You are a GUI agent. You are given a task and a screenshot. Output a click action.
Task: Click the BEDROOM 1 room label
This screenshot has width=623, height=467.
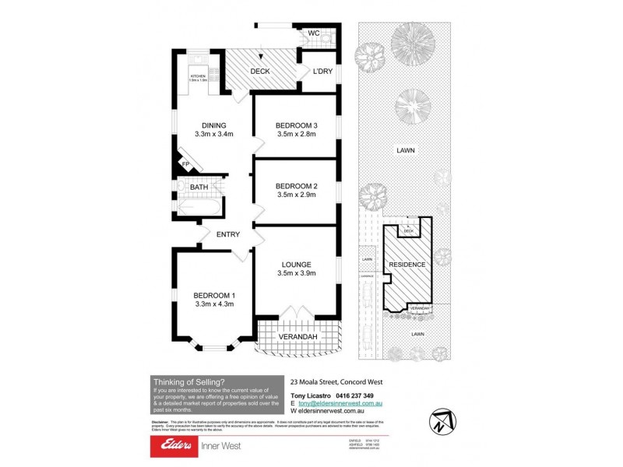tap(214, 295)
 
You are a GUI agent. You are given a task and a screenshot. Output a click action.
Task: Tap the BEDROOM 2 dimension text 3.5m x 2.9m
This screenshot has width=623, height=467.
tap(297, 195)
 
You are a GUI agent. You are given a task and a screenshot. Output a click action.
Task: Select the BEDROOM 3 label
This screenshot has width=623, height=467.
tap(297, 125)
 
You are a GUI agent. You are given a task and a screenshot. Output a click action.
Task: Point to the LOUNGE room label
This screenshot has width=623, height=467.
tap(297, 264)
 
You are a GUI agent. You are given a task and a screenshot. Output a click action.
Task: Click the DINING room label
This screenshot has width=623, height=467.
tap(213, 125)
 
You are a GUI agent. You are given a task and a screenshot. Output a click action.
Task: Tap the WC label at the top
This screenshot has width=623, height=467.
tap(314, 33)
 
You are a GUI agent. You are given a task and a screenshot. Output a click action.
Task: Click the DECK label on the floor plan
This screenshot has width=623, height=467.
tap(260, 72)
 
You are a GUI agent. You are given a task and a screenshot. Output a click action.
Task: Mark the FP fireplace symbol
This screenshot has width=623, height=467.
tap(186, 163)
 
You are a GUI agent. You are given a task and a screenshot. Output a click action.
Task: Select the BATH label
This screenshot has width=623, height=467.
tap(199, 188)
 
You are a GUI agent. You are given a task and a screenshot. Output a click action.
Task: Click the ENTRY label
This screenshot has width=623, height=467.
tap(228, 234)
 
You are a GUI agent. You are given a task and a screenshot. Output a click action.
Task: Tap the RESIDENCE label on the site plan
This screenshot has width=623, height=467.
tap(408, 265)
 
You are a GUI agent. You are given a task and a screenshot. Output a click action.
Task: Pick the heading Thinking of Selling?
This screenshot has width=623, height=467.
tap(189, 381)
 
